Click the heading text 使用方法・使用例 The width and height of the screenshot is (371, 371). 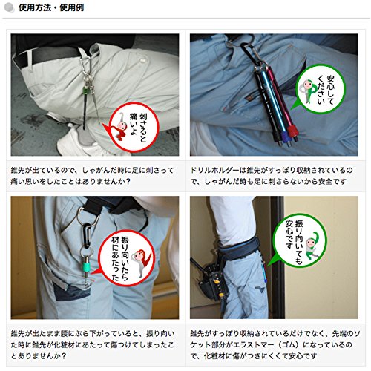(51, 8)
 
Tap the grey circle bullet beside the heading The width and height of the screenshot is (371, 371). (9, 7)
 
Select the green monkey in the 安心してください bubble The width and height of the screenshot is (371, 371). (308, 91)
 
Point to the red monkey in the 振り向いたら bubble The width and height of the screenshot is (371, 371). (142, 262)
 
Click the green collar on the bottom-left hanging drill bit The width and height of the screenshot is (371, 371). (86, 267)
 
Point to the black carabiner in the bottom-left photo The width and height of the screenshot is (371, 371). (86, 235)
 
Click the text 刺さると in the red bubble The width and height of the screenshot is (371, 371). (143, 128)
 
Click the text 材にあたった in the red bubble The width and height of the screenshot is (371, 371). (115, 259)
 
